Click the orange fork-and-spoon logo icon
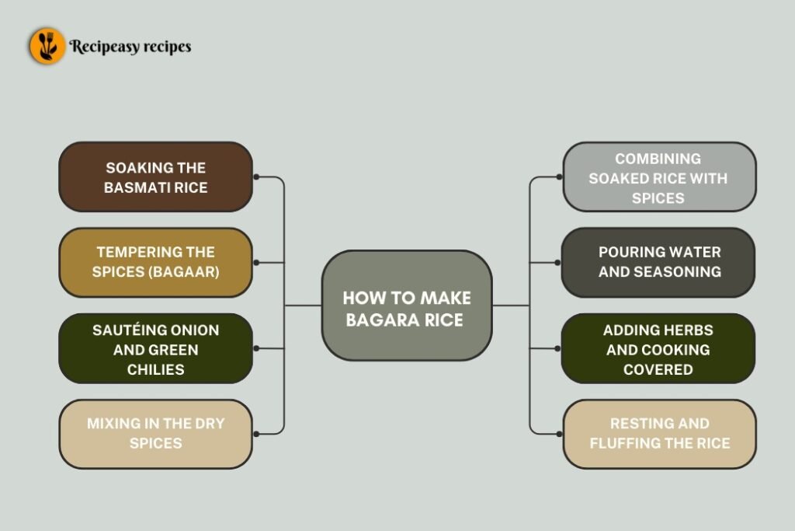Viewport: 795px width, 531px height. pos(47,46)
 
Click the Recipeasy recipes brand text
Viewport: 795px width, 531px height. pos(130,47)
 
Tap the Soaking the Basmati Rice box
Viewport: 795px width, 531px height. pos(156,177)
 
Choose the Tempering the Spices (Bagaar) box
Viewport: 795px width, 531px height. pos(156,263)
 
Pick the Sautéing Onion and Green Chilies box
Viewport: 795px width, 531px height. pos(156,349)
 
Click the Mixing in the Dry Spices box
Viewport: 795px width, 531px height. pos(156,434)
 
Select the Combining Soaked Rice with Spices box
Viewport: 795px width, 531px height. pos(658,177)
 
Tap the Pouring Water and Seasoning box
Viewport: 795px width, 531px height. pos(658,263)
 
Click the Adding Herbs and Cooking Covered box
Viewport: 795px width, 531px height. pos(658,349)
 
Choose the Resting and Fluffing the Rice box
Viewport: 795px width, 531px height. pos(659,434)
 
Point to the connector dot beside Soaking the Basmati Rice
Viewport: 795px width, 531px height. pos(256,177)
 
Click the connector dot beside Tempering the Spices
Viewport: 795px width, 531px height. pos(256,263)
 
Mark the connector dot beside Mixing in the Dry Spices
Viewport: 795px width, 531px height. pos(256,434)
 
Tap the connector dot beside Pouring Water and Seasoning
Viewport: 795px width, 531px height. pos(557,263)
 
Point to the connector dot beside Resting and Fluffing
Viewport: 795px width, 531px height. pos(557,434)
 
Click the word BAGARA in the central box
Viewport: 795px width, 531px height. pos(378,319)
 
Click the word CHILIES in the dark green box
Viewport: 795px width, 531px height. pos(156,369)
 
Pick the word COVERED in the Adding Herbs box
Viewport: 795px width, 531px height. pos(658,369)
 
